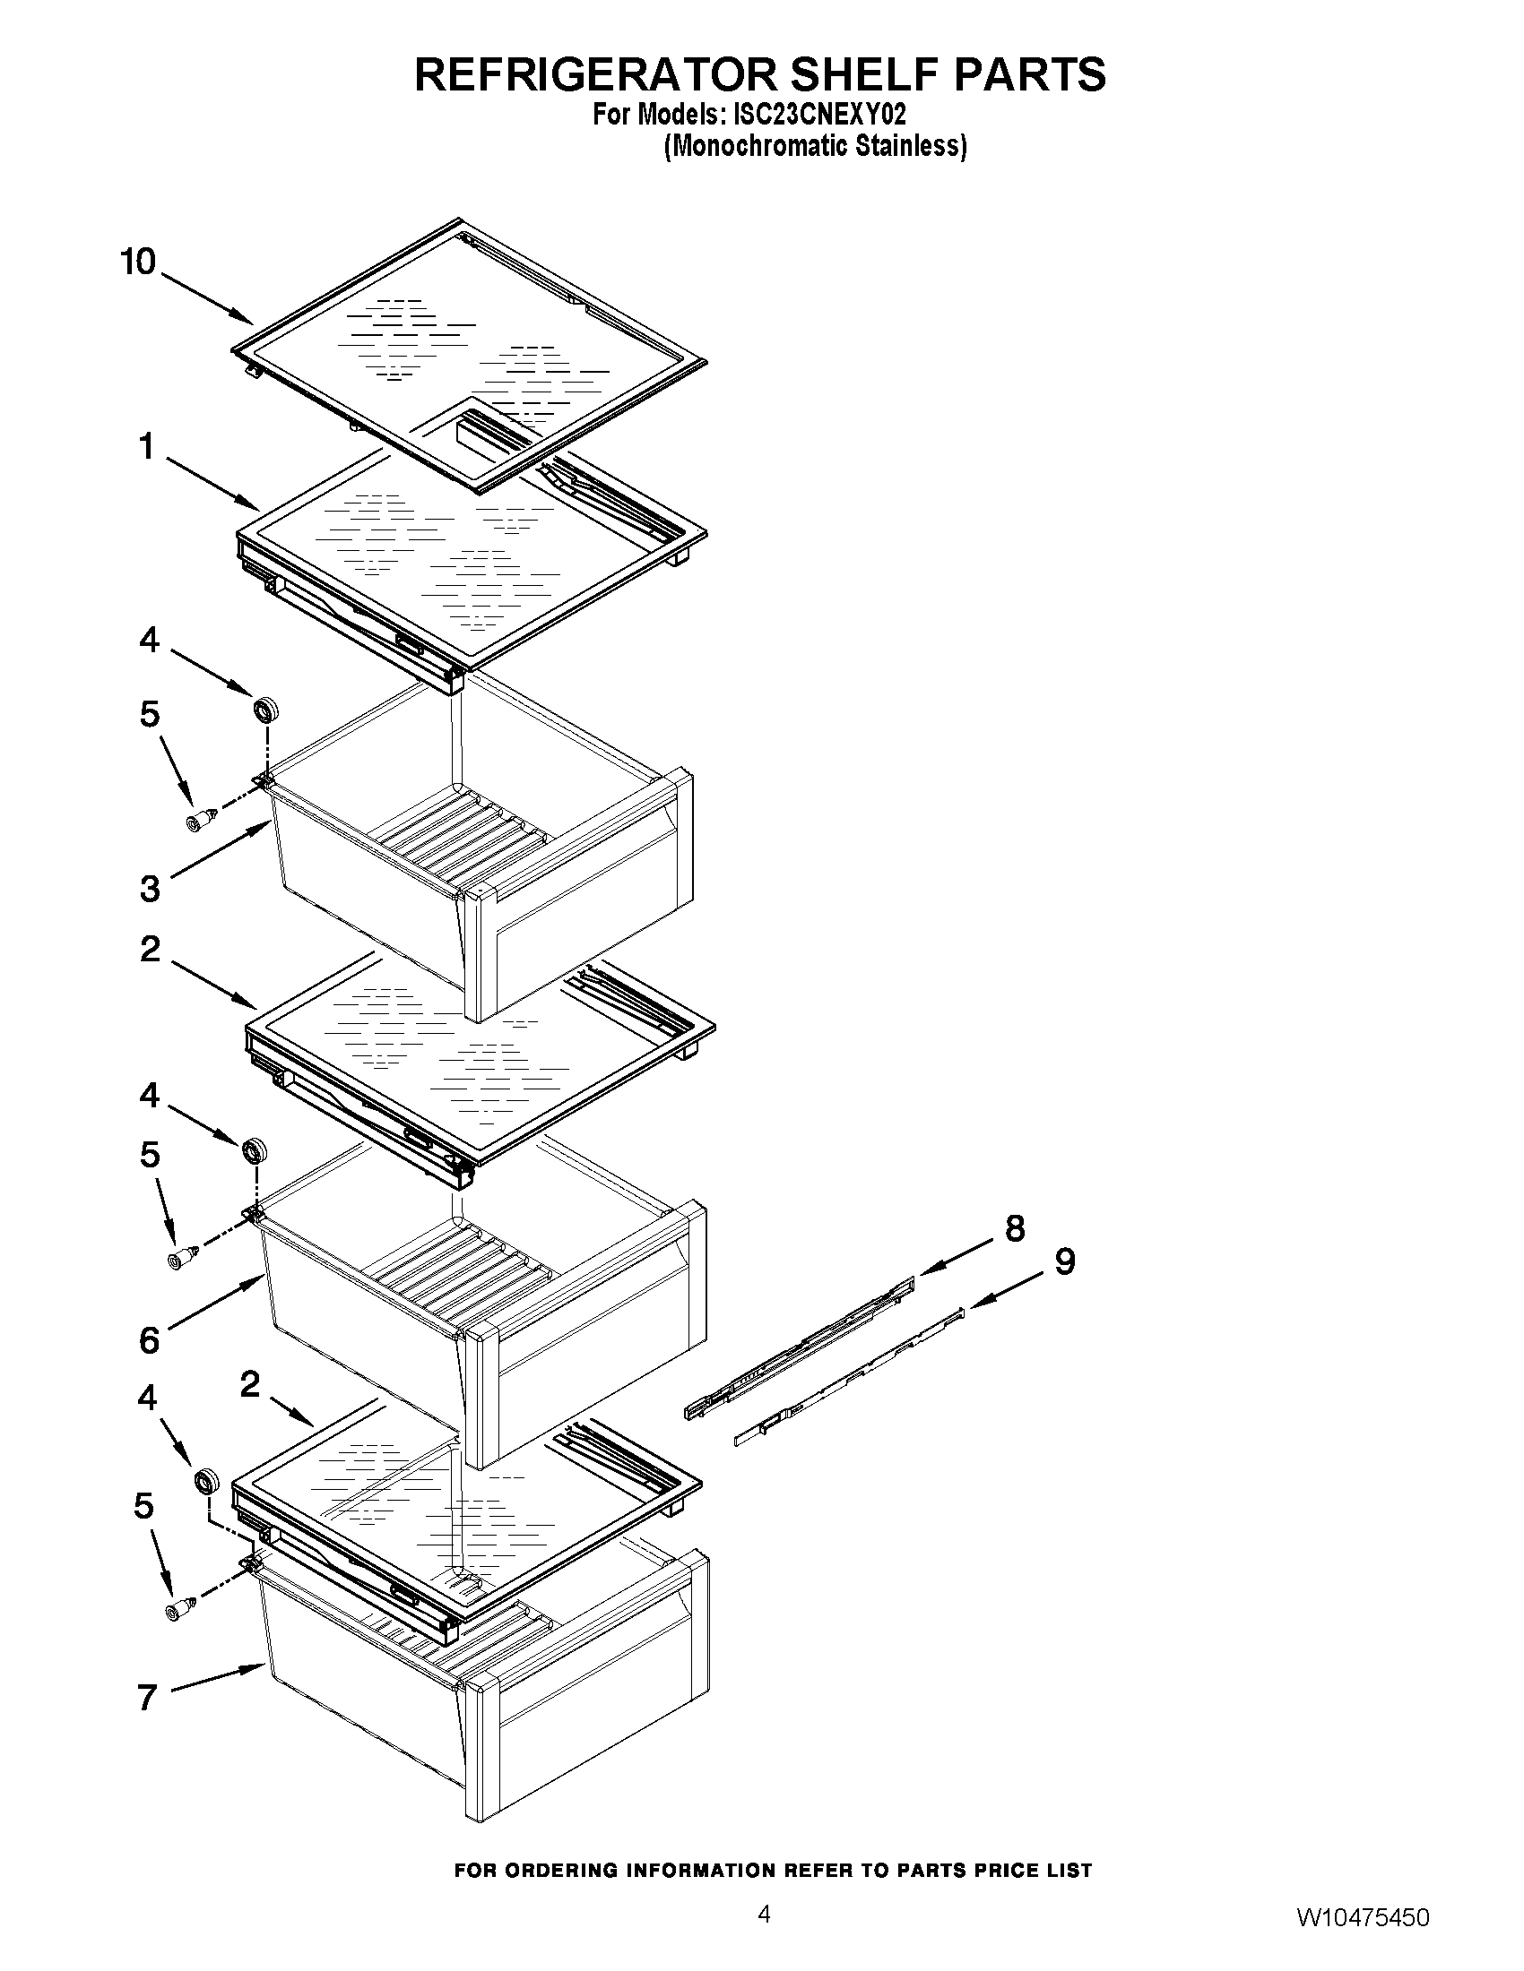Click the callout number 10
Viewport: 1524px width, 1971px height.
point(138,262)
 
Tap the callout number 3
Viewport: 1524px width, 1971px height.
point(150,889)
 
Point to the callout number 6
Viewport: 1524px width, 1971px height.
point(149,1340)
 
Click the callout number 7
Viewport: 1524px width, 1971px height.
point(147,1698)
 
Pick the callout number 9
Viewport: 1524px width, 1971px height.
point(1064,1261)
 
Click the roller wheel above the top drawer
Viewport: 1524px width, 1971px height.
point(265,710)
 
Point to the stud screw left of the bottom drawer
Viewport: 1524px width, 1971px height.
point(177,1610)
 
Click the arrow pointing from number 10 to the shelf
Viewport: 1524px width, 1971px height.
point(208,298)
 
